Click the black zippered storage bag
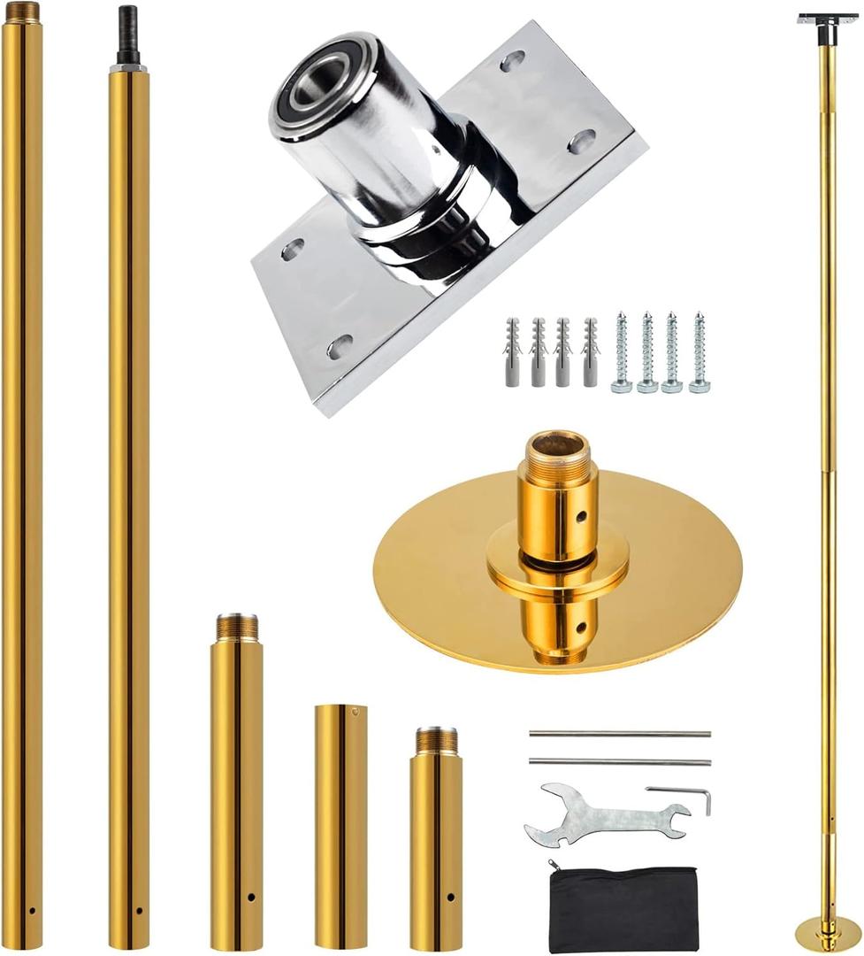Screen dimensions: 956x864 tap(623, 907)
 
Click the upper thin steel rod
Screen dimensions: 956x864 tap(619, 734)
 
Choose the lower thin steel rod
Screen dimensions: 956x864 tap(619, 762)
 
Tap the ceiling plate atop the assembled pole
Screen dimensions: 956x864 tap(827, 19)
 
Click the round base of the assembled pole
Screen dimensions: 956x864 tap(827, 933)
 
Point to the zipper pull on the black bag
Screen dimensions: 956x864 tap(553, 864)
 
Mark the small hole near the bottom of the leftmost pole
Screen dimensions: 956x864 tap(32, 910)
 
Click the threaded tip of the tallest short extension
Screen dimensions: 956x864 tap(236, 627)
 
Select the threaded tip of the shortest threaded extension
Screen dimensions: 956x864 tap(436, 740)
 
